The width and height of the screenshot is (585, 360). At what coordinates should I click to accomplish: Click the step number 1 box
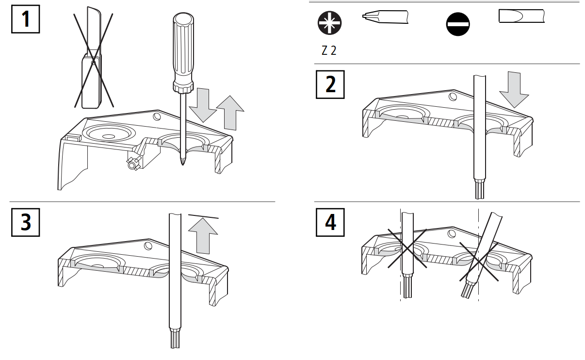coord(25,19)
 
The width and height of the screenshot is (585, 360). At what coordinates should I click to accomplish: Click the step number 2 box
coord(330,84)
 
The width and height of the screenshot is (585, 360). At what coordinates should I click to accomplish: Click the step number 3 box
coord(25,222)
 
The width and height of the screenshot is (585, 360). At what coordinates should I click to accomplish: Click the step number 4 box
coord(330,222)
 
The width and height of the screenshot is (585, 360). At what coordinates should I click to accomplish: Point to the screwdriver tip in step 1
coord(182,160)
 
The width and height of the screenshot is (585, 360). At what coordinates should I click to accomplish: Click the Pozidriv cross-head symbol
coord(329,23)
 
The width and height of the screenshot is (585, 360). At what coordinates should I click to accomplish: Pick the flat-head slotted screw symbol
coord(458,25)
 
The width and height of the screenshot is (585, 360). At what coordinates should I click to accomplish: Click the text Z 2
coord(329,51)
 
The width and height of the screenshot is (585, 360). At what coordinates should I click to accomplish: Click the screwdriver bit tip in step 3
coord(175,338)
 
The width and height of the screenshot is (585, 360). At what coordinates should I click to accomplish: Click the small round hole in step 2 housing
coord(452,96)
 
